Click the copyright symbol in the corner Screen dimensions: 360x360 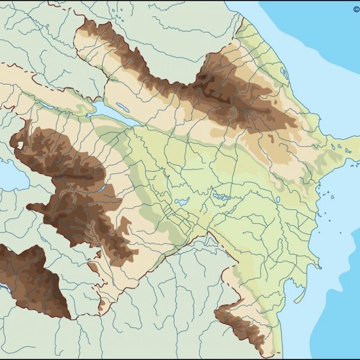[356, 9]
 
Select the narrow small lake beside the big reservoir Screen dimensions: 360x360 [123, 108]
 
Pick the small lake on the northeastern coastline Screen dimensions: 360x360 [283, 73]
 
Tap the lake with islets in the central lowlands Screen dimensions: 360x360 [220, 197]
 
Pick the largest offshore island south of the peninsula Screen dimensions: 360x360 [329, 194]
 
